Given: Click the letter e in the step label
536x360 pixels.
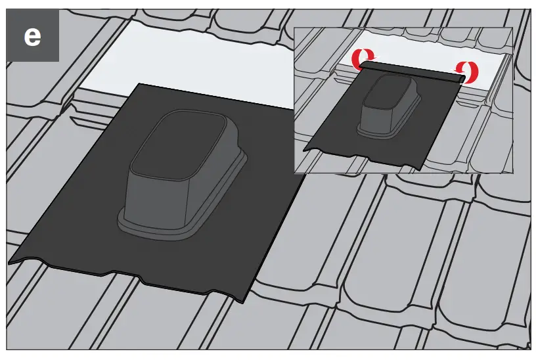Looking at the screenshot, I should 32,35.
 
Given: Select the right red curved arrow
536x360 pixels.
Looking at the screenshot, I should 470,70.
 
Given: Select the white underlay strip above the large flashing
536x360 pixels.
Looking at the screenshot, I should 184,56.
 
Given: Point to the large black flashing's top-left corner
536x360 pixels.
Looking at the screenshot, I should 140,85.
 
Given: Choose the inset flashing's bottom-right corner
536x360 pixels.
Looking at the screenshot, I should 425,170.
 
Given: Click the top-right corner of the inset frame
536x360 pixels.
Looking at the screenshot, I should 512,28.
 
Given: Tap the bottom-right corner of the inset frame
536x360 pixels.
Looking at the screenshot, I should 512,172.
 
